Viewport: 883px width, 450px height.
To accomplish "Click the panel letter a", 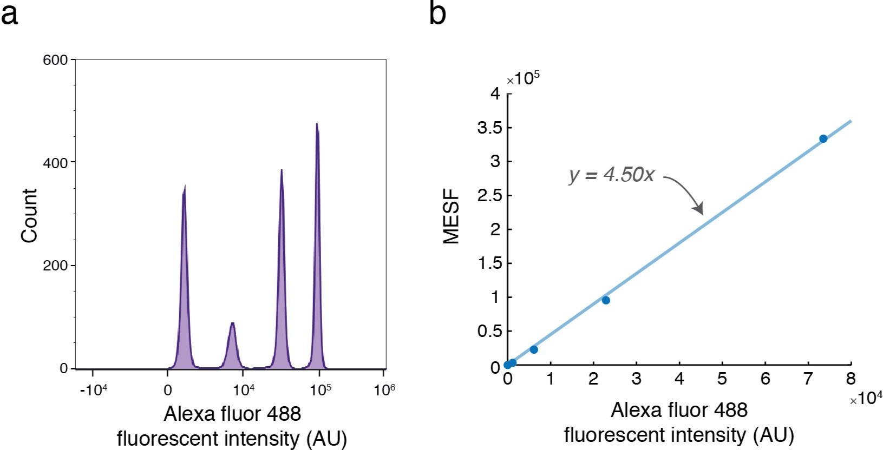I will [9, 14].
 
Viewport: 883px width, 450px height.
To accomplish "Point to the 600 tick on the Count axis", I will [55, 60].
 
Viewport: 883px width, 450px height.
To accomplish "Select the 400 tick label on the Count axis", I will [55, 163].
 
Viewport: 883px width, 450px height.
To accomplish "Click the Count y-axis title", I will [29, 216].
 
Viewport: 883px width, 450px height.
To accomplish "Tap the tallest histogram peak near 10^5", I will [317, 125].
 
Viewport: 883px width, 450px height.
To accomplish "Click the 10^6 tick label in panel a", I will [384, 390].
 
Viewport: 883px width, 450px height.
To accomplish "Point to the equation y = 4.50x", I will [612, 175].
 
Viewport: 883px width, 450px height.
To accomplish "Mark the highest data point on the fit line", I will [823, 139].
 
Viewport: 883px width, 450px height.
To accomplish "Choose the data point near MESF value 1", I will [606, 300].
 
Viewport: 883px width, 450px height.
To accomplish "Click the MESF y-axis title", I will [451, 216].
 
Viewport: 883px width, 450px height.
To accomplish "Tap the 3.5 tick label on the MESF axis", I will [489, 128].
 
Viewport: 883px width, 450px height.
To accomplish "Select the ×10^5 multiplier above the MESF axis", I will [523, 79].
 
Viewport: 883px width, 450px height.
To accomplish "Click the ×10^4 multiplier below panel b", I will [866, 399].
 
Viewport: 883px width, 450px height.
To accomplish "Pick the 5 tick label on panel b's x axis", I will [722, 379].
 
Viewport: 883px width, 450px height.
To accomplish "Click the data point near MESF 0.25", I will [534, 349].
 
